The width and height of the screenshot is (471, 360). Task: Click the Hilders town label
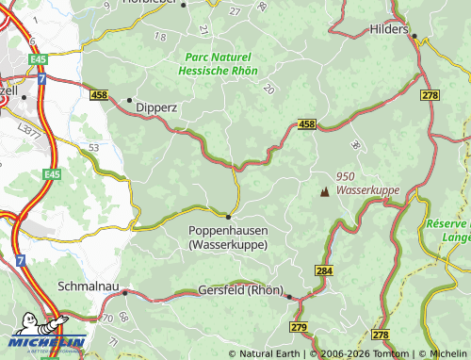(x=390, y=29)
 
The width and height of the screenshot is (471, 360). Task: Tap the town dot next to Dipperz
(x=129, y=99)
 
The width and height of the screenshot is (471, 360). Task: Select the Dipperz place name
(x=157, y=107)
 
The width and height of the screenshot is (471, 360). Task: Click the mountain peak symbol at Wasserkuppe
(x=325, y=191)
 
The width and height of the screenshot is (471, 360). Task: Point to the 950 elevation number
(x=345, y=176)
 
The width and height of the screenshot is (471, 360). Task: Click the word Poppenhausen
(x=228, y=230)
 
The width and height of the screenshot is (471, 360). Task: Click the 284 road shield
(x=324, y=271)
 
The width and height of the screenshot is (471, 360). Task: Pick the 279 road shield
(x=300, y=327)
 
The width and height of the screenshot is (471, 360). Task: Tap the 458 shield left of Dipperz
(x=100, y=95)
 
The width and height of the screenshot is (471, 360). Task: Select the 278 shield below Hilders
(x=430, y=96)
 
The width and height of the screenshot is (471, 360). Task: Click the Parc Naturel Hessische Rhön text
(x=219, y=63)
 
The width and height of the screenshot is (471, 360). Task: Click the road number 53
(x=93, y=148)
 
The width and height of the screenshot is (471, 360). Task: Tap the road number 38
(x=354, y=145)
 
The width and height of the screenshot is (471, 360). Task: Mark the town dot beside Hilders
(x=414, y=37)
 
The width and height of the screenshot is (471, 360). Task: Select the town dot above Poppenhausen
(x=228, y=216)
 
